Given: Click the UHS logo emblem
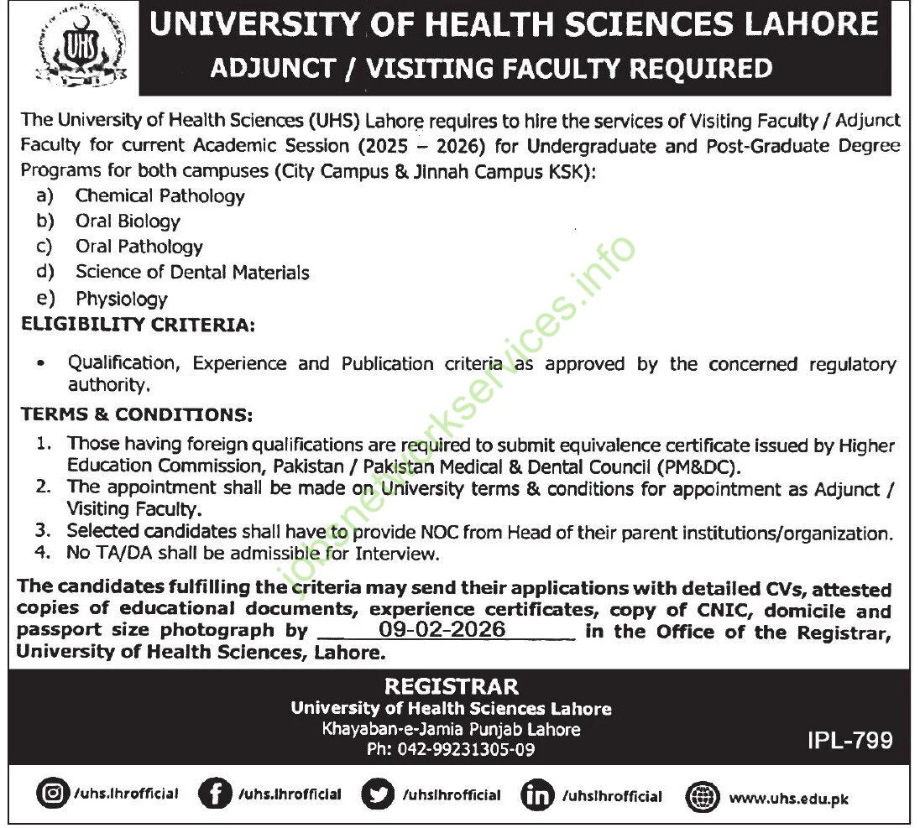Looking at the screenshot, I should tap(70, 49).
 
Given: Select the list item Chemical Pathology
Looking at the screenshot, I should tap(159, 196).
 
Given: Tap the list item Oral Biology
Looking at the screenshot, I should tap(128, 221).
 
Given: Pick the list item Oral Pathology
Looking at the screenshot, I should tap(139, 247).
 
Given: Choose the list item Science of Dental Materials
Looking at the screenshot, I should tap(192, 273).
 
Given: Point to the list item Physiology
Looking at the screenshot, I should tap(122, 299).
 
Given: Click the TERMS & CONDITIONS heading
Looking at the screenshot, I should tap(135, 415).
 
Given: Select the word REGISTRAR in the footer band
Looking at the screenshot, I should tap(451, 686).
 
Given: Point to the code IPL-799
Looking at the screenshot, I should tap(849, 741).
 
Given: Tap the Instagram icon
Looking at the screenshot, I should tap(53, 794).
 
